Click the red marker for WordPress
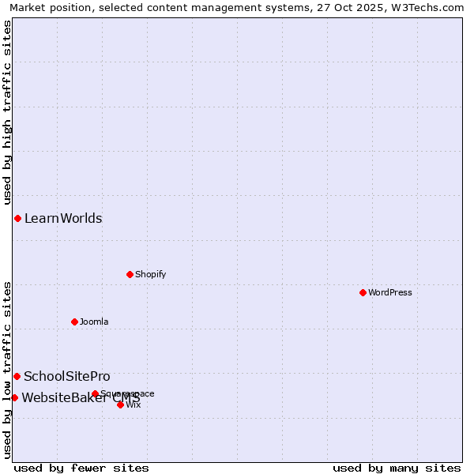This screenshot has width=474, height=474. pos(363,292)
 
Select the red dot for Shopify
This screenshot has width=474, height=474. pos(130,274)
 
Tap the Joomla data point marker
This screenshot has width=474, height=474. pos(74,322)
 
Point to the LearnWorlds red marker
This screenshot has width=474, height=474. pos(17,218)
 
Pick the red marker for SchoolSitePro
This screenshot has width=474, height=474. pos(17,376)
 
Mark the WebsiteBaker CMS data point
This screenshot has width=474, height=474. pos(14,397)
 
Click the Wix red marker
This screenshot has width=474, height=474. pos(120,404)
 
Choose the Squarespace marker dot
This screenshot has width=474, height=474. pos(95,393)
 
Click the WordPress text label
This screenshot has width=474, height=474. pos(390,292)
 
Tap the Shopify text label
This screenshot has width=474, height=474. pos(150,274)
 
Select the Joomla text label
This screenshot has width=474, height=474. pos(94,322)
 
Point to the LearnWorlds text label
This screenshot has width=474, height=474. pos(63,218)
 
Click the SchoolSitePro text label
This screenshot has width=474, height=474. pos(67,376)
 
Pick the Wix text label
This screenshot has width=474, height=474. pos(134,404)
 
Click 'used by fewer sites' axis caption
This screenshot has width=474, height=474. pos(81,468)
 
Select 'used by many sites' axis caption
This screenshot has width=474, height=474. pos(397,468)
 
